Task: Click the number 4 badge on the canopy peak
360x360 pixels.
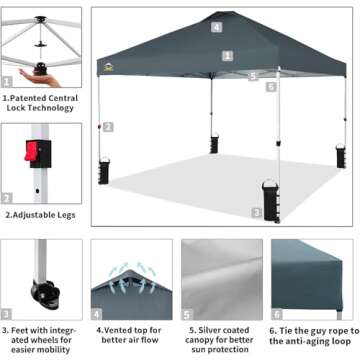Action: pyautogui.click(x=217, y=27)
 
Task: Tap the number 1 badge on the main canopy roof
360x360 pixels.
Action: pyautogui.click(x=228, y=56)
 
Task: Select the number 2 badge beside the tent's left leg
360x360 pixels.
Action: pyautogui.click(x=109, y=127)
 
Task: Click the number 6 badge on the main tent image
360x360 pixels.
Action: pyautogui.click(x=271, y=86)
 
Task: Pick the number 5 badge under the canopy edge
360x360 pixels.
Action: pyautogui.click(x=253, y=75)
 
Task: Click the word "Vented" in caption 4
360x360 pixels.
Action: pyautogui.click(x=117, y=327)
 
